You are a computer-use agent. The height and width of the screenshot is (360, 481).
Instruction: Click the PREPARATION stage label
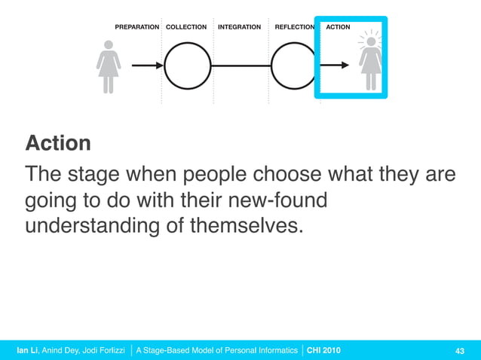pos(136,27)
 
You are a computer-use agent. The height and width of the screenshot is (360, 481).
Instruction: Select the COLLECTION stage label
pos(186,27)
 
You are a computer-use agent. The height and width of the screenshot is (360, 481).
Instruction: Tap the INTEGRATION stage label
pos(239,27)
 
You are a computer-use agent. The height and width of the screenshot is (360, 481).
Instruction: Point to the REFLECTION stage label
pos(294,27)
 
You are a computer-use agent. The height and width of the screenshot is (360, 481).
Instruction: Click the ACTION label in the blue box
pos(338,27)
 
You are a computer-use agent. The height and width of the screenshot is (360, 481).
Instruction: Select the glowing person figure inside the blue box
pos(371,65)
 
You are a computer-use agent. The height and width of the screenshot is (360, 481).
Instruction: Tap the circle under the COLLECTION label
pos(188,66)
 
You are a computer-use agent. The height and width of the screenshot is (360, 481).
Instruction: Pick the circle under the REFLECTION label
pos(293,66)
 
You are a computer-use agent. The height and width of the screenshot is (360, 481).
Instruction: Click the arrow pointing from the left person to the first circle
pos(147,66)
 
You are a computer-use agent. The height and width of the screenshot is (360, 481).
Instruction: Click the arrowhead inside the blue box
pos(345,66)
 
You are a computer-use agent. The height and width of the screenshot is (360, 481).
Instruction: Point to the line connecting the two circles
pos(240,66)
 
